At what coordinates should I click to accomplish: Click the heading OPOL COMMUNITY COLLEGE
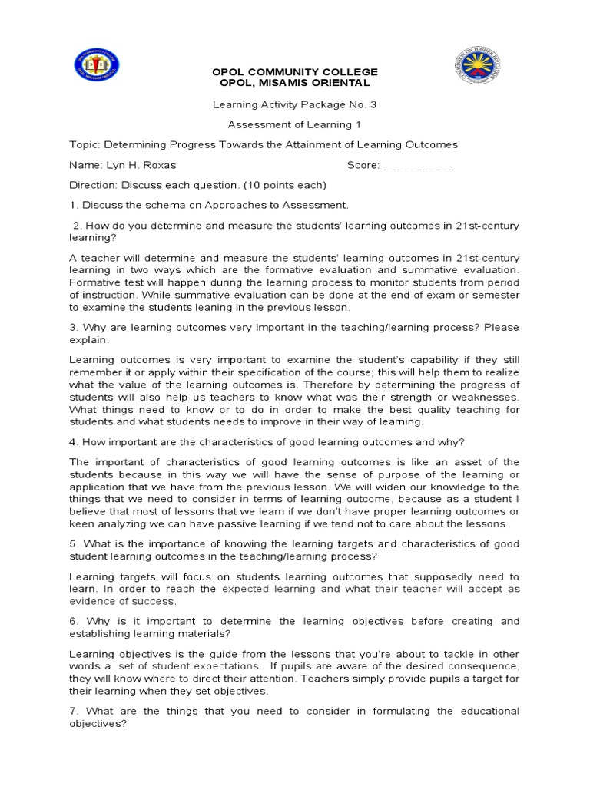(x=295, y=72)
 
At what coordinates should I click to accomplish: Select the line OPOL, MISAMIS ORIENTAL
(x=295, y=83)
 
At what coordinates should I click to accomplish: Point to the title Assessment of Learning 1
(x=295, y=124)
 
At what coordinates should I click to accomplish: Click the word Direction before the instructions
(x=93, y=185)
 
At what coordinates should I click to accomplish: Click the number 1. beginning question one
(x=74, y=205)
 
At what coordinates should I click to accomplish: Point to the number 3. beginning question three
(x=74, y=327)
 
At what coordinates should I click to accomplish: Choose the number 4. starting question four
(x=74, y=441)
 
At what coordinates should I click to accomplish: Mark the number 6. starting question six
(x=74, y=621)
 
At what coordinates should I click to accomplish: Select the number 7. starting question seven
(x=74, y=711)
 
